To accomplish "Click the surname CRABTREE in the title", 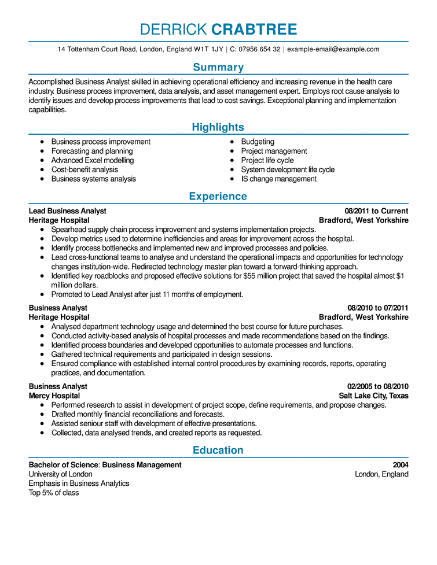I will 254,29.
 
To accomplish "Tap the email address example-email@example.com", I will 333,50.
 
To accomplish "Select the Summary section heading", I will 218,67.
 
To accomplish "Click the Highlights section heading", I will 218,127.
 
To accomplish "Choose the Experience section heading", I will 218,197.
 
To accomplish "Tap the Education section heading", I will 218,450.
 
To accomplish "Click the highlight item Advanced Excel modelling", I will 92,160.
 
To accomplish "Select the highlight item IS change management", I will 278,179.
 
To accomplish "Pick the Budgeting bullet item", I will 258,142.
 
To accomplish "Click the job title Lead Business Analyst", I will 68,211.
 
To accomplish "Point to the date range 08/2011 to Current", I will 376,211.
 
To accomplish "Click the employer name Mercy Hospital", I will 54,396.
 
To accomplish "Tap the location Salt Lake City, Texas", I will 373,396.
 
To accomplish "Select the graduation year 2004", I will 400,465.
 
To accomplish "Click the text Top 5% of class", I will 54,493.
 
